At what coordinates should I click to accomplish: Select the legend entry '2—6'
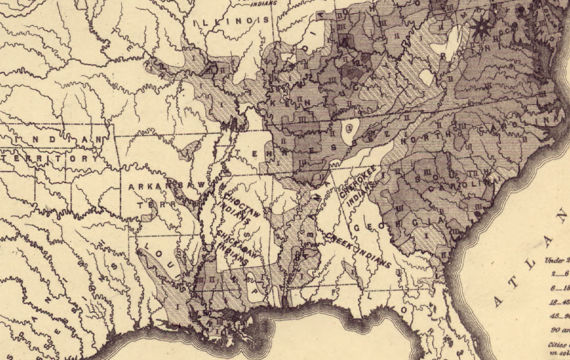tap(559, 274)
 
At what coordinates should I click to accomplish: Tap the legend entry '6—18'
tap(559, 288)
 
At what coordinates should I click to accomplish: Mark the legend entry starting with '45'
tap(559, 316)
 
